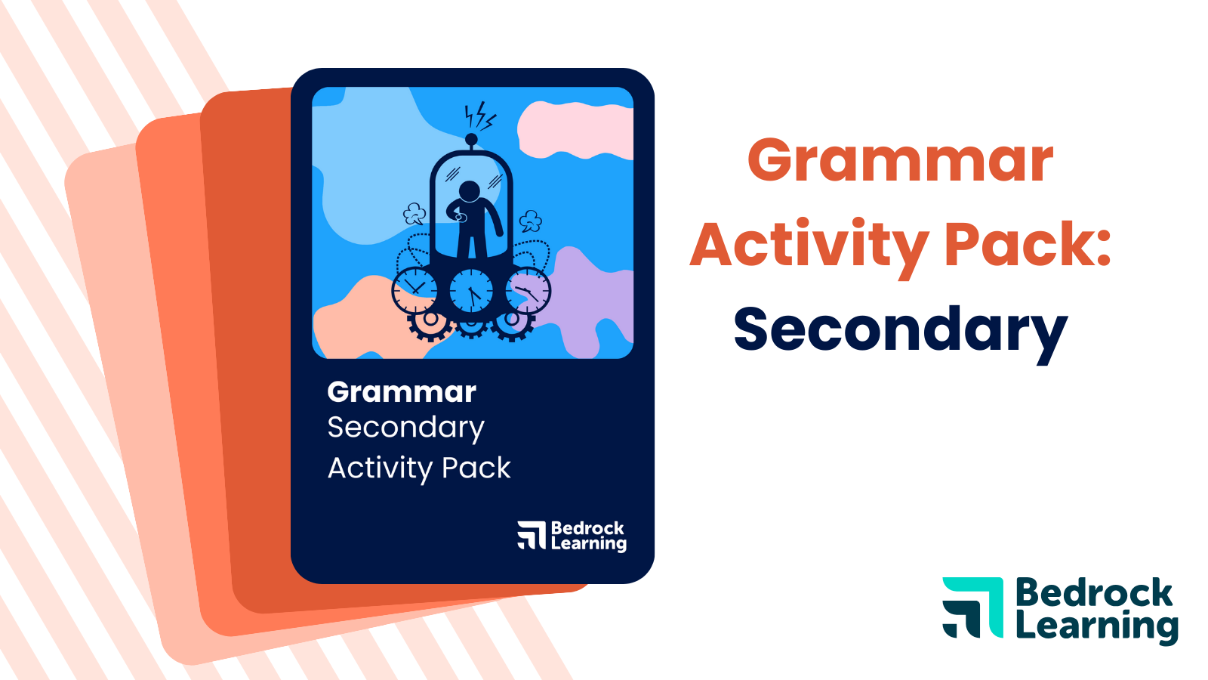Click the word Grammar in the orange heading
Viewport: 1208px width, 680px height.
pyautogui.click(x=900, y=161)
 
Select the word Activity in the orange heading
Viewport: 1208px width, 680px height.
pyautogui.click(x=809, y=246)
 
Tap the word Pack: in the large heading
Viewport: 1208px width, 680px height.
pyautogui.click(x=1028, y=246)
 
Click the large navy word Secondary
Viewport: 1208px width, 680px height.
pyautogui.click(x=900, y=330)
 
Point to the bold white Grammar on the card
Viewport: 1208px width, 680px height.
pyautogui.click(x=402, y=392)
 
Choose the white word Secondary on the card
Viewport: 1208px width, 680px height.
pyautogui.click(x=405, y=428)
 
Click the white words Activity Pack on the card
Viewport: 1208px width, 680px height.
pyautogui.click(x=419, y=468)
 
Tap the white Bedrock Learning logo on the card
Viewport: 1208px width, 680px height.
pyautogui.click(x=572, y=536)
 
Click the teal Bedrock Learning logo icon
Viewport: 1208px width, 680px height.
pyautogui.click(x=972, y=607)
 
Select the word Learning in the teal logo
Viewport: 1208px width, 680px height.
pyautogui.click(x=1096, y=627)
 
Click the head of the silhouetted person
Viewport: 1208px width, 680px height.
pyautogui.click(x=470, y=191)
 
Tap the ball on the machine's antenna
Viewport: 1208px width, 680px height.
pyautogui.click(x=471, y=139)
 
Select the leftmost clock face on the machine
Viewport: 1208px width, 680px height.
pyautogui.click(x=414, y=290)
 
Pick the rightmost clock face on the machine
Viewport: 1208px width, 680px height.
pyautogui.click(x=528, y=290)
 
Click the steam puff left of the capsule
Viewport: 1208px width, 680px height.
pyautogui.click(x=414, y=215)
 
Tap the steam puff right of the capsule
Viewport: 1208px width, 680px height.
pyautogui.click(x=532, y=221)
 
